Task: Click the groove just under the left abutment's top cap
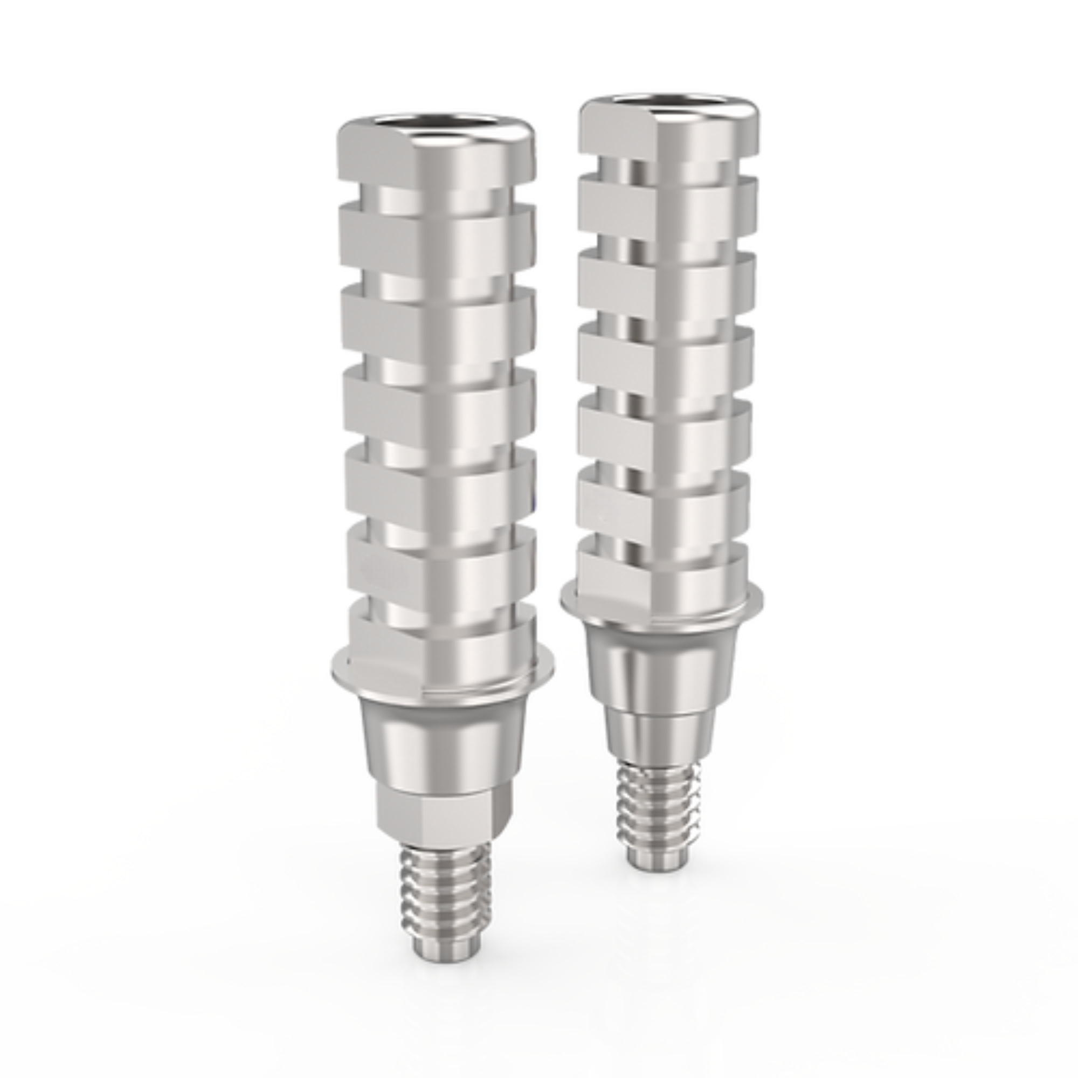pyautogui.click(x=437, y=196)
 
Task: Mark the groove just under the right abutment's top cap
pyautogui.click(x=667, y=168)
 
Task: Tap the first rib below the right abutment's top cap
pyautogui.click(x=667, y=201)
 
